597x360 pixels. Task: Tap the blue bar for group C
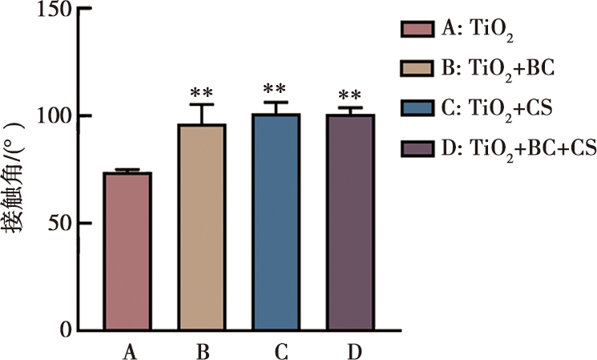(x=276, y=222)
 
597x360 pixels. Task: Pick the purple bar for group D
(x=349, y=222)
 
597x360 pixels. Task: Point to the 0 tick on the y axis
(x=66, y=330)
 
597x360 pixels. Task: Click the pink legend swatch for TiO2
(x=417, y=31)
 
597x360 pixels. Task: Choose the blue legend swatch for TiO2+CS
(x=417, y=108)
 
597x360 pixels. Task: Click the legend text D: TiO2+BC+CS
(x=513, y=148)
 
